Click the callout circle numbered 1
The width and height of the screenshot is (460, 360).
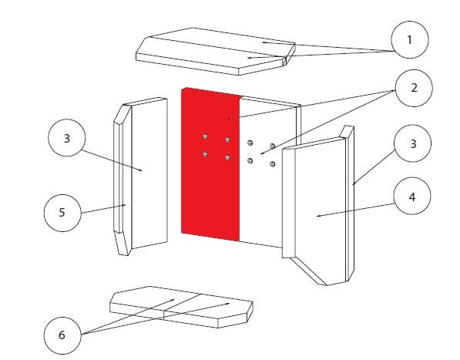click(410, 39)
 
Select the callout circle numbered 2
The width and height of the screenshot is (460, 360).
click(414, 88)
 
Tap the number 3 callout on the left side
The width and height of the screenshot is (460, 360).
click(67, 138)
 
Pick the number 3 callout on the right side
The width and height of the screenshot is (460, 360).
click(413, 143)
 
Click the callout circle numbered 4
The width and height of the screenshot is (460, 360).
click(412, 196)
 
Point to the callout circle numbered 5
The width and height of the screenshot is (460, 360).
click(62, 213)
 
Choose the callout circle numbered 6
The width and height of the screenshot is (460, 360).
click(62, 335)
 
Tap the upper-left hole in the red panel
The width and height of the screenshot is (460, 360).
click(205, 136)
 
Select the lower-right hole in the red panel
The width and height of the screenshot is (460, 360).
click(228, 157)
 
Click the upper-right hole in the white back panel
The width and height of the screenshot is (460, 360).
click(273, 146)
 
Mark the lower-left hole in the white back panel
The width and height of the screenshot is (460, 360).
click(250, 161)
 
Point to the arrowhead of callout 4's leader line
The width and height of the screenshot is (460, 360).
click(317, 217)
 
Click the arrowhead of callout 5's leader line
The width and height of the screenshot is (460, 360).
click(126, 204)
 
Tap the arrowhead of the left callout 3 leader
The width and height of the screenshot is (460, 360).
click(142, 170)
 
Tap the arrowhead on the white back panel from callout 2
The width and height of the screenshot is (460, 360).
click(260, 153)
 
